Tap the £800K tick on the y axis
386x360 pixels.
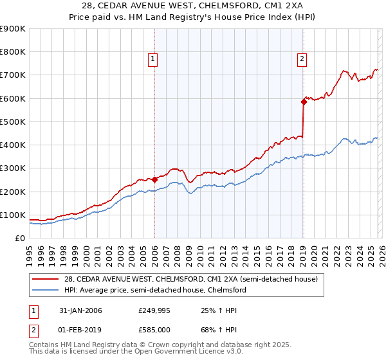coord(13,52)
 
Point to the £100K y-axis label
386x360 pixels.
coord(13,215)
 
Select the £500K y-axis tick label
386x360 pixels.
coord(13,122)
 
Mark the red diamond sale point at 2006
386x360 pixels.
coord(155,180)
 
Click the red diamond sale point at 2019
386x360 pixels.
coord(304,102)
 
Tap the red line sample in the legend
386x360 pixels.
coord(46,279)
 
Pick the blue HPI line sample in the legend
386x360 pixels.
coord(46,291)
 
